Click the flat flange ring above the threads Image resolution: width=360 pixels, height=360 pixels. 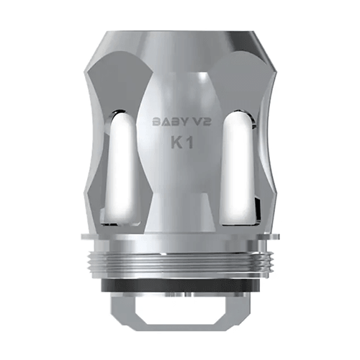(x=181, y=238)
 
